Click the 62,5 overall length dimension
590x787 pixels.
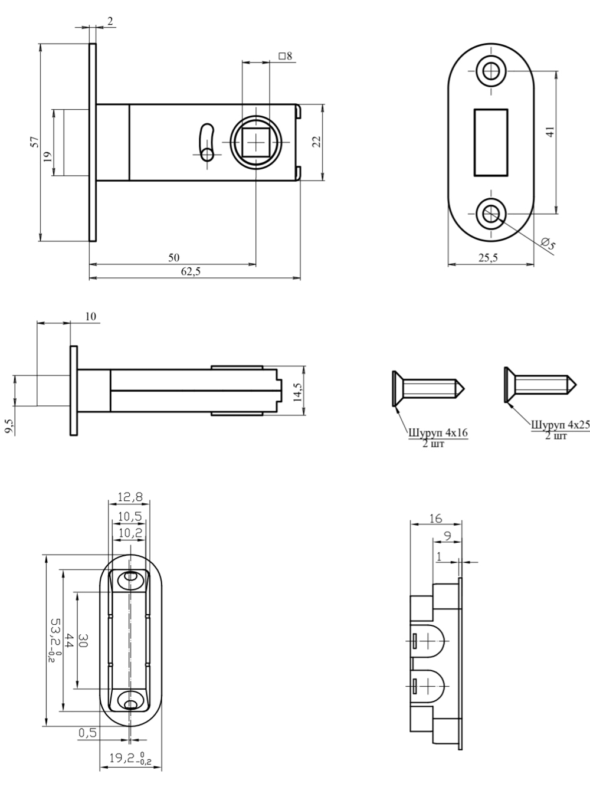tap(191, 271)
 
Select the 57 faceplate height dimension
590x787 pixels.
tap(34, 142)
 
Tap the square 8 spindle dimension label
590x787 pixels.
tap(286, 56)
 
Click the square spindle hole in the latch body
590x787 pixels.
tap(255, 143)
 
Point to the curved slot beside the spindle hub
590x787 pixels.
tap(208, 142)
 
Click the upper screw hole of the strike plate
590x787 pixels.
tap(491, 71)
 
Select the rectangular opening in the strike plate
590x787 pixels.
tap(491, 143)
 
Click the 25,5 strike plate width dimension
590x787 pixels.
tap(488, 257)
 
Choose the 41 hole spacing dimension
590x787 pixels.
tap(550, 132)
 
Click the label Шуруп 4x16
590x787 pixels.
tap(438, 433)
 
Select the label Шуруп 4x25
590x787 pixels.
tap(560, 425)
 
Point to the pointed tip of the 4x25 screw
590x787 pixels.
tap(576, 385)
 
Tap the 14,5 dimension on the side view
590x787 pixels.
tap(298, 392)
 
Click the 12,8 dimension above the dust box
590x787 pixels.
tap(130, 497)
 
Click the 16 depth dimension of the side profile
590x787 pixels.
tap(435, 519)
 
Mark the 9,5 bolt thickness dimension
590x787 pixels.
tap(9, 427)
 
